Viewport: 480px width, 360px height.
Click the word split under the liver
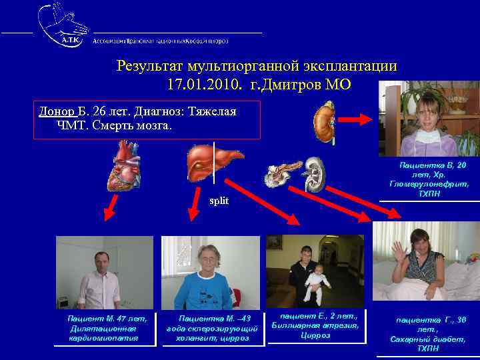coord(219,201)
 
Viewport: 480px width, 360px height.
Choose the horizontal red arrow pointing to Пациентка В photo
coord(361,120)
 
